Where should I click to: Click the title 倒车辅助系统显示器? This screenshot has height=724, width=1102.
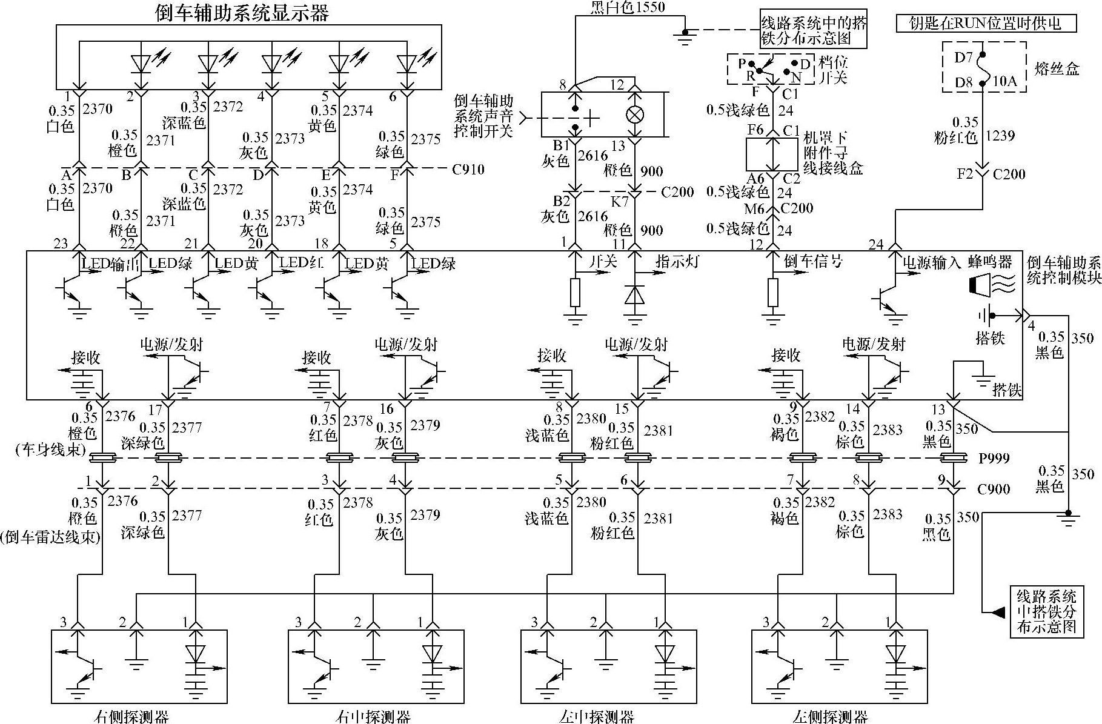pos(242,13)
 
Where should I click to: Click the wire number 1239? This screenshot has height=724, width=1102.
pos(1000,136)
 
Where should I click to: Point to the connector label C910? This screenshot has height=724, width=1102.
pos(468,169)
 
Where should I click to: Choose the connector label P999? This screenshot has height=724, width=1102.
pos(994,458)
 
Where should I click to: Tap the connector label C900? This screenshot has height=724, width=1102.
pos(994,488)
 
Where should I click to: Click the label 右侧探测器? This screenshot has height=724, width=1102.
pos(132,717)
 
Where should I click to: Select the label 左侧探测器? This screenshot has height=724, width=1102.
pos(830,717)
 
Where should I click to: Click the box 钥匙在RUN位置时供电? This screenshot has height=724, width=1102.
pos(987,23)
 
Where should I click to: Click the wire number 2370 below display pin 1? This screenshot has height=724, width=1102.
pos(97,109)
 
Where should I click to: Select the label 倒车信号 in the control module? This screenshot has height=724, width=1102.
pos(813,262)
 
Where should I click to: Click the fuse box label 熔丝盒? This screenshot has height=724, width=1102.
pos(1057,68)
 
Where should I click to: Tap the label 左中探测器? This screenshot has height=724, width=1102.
pos(597,717)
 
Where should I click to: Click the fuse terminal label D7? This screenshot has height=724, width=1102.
pos(963,58)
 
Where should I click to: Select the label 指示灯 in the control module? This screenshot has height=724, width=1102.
pos(677,262)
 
